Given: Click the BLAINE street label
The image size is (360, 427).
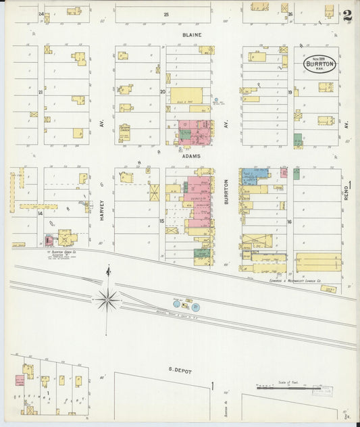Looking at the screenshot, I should point(191,34).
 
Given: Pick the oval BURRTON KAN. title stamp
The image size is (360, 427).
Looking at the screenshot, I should point(319,64).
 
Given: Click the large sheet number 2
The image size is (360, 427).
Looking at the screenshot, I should point(346,16).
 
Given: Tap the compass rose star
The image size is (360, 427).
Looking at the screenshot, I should point(107,298).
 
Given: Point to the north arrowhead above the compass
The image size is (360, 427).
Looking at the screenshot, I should point(107,272).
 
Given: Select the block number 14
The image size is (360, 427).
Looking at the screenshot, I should point(40,214).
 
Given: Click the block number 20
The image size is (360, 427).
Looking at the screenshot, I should point(162,92).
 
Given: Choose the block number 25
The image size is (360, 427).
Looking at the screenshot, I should point(166,14).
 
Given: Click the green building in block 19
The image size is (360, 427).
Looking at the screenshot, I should point(298,140).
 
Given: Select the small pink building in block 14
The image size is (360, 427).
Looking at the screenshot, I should point(48,240).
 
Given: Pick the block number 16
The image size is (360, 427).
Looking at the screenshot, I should point(289,221).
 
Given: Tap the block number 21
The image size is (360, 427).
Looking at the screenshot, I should point(41,92).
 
